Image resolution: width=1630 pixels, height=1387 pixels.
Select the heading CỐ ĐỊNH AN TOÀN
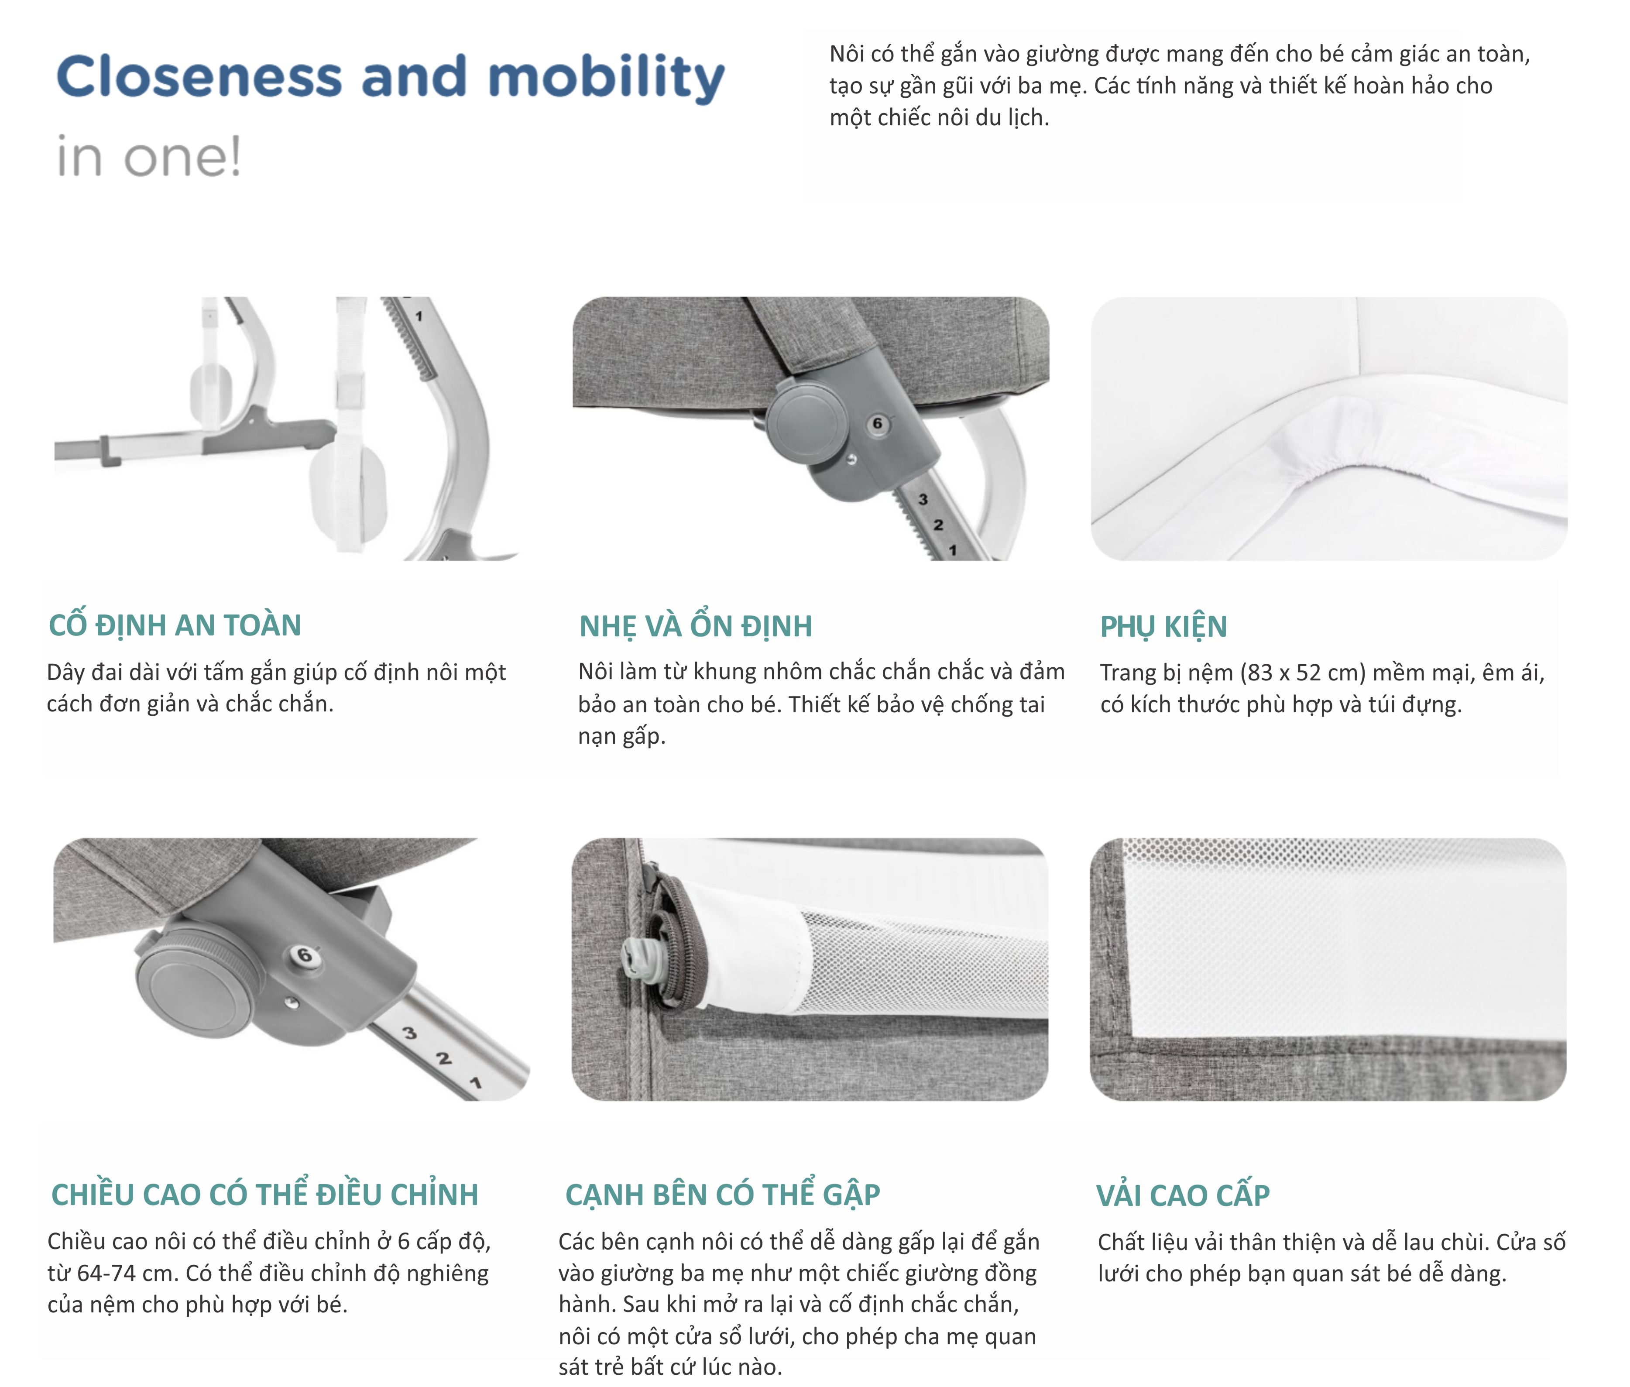pos(175,625)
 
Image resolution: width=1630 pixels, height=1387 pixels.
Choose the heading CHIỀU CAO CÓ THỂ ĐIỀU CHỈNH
pos(264,1194)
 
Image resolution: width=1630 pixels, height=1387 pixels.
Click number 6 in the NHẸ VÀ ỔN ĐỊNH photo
pos(878,424)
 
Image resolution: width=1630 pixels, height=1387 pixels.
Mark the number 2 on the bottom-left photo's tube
pos(443,1058)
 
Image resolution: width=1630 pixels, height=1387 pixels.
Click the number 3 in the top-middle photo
pos(923,499)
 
